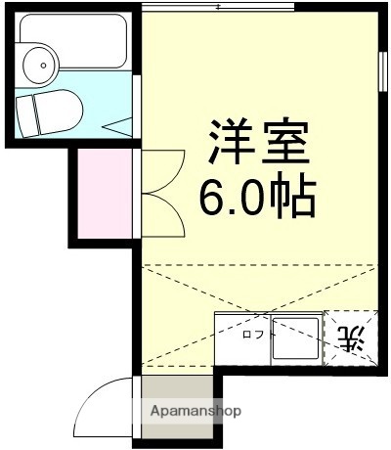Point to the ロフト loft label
click(x=258, y=335)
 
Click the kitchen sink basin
click(x=294, y=338)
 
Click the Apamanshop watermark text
click(x=195, y=412)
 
